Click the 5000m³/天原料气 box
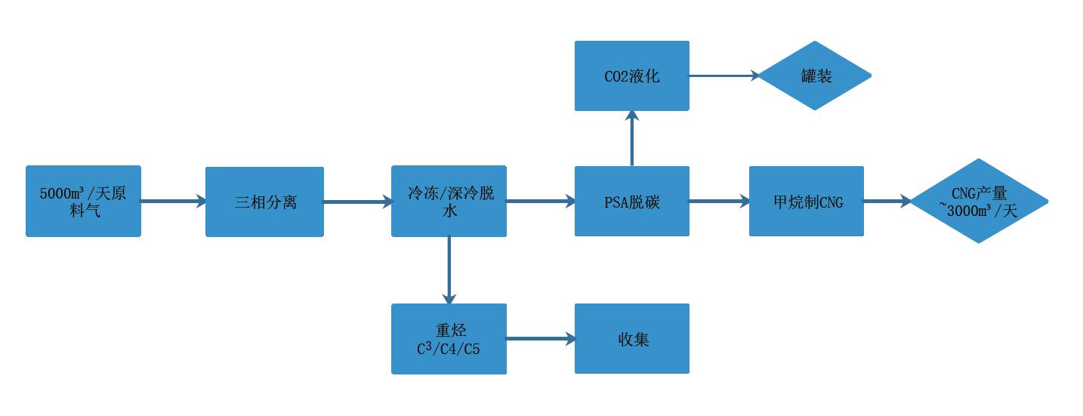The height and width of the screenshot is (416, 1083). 83,201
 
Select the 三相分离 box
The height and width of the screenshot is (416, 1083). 264,202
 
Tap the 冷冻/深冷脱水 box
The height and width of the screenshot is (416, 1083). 449,201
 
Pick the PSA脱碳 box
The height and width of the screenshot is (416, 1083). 631,201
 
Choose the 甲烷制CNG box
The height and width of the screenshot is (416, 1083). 806,201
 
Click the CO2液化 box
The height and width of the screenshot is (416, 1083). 631,75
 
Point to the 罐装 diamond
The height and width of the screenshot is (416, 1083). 814,75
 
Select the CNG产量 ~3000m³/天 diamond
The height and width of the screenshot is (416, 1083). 979,201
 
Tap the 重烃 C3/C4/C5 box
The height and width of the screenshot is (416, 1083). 449,338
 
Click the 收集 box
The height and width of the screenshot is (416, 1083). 631,338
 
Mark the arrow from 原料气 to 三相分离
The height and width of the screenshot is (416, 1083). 173,201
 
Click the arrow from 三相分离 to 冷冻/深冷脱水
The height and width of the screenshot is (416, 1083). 357,201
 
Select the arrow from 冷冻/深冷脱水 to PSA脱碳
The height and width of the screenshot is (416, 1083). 540,201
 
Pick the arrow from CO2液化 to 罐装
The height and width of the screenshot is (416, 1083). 724,75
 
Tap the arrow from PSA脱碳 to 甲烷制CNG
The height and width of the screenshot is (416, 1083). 719,201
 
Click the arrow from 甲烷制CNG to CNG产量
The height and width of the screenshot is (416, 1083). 887,201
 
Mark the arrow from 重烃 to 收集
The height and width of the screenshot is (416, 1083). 540,338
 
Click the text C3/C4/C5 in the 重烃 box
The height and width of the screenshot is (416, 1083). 448,349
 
